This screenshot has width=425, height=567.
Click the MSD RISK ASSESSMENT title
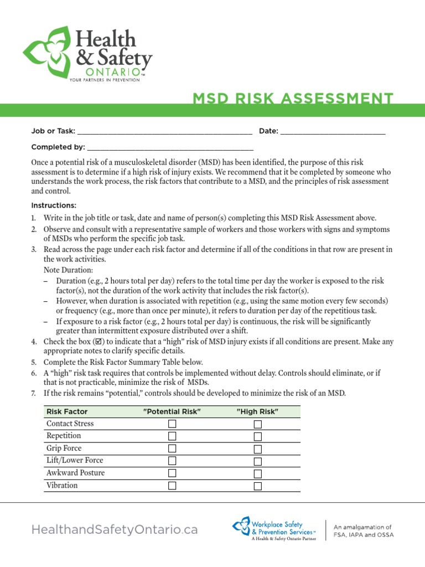pos(293,99)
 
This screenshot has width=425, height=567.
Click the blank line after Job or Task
pos(164,132)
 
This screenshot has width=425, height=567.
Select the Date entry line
pos(333,132)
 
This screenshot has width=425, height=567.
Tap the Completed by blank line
pos(170,148)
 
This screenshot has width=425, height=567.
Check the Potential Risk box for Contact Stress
pos(172,424)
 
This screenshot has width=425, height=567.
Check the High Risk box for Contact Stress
pos(257,424)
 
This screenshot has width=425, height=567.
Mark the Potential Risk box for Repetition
pos(172,436)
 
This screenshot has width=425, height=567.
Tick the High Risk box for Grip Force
pos(257,449)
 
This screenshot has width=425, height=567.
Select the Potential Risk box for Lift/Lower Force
pos(172,461)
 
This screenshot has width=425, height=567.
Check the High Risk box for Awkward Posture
pos(257,474)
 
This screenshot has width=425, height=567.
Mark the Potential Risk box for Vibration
pos(172,486)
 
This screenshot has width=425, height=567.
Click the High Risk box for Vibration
pos(257,486)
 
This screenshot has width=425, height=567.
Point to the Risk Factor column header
pos(67,412)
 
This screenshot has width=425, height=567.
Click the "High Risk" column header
pos(257,412)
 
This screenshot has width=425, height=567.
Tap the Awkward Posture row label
pos(75,473)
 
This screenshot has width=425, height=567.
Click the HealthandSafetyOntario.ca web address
pos(115,530)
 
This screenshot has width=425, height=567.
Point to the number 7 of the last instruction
pos(33,393)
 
